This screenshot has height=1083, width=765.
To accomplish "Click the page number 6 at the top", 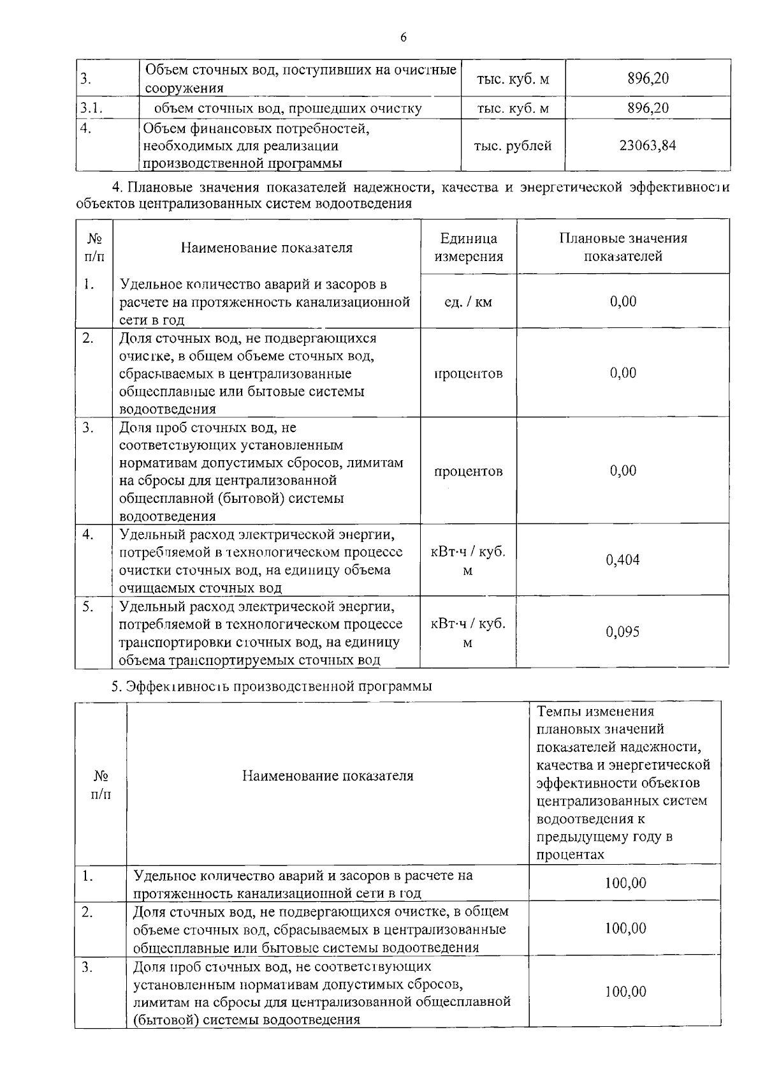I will click(404, 37).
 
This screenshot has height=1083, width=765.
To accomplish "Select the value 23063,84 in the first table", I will click(648, 146).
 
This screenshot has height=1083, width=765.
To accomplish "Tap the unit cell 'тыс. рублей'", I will click(513, 146).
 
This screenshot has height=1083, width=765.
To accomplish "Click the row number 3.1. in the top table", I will click(92, 108).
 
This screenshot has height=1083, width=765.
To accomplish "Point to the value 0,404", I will click(623, 560).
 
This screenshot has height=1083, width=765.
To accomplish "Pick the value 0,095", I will click(623, 632).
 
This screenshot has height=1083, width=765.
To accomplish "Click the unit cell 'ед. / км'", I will click(468, 302).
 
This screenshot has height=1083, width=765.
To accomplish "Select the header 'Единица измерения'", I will click(469, 248).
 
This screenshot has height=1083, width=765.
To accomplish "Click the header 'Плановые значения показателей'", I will click(623, 248).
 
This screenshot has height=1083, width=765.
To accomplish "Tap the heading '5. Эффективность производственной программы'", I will click(272, 686).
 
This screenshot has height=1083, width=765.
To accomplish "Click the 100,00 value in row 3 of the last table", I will click(625, 991).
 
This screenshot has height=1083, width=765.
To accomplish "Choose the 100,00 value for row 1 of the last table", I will click(625, 883).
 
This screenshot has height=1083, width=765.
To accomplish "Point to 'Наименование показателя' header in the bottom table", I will click(328, 776).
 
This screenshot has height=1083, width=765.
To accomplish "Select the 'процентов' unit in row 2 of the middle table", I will click(468, 373).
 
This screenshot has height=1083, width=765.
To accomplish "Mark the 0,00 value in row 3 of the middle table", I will click(623, 471).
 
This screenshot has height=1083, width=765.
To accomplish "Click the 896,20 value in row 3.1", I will click(648, 108).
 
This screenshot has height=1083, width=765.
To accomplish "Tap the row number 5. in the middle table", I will click(88, 606).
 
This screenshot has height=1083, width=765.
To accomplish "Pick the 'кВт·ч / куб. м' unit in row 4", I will click(468, 561).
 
